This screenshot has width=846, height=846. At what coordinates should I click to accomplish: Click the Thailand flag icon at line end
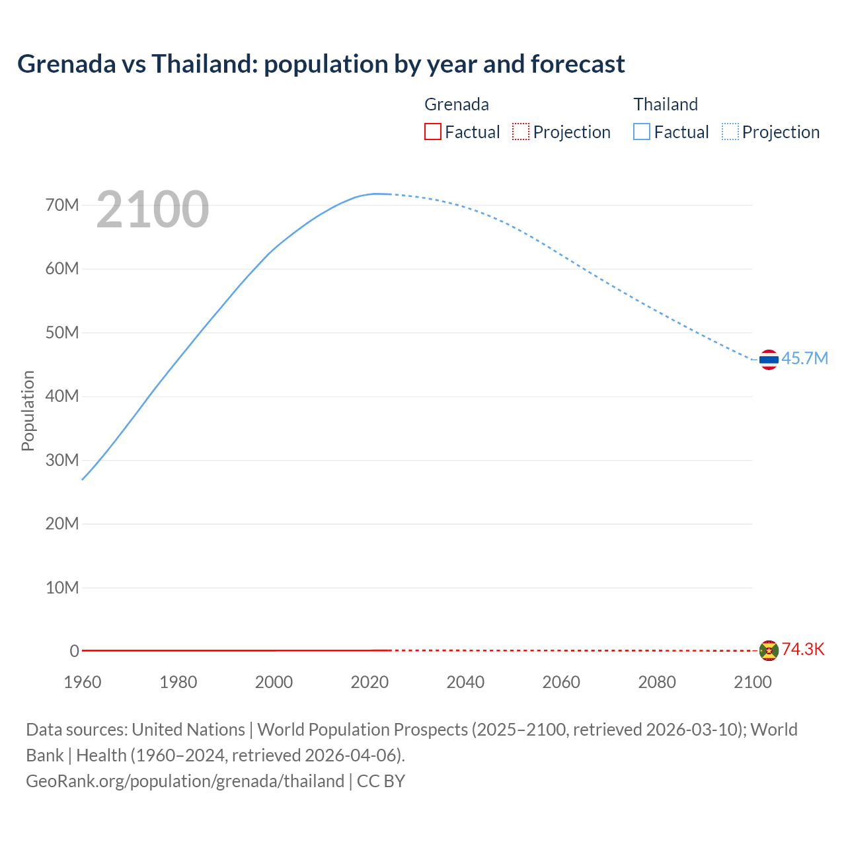point(769,360)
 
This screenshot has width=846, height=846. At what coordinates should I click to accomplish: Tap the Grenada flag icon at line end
point(769,650)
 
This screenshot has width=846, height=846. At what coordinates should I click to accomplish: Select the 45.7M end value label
point(804,359)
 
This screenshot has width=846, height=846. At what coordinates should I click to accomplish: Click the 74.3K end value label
point(803,650)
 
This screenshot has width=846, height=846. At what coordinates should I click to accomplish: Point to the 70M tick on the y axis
point(62,206)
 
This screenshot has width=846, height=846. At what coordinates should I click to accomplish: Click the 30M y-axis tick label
point(62,460)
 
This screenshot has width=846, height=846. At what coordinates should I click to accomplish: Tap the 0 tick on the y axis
point(75,651)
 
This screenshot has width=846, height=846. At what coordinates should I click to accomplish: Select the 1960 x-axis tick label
point(83,682)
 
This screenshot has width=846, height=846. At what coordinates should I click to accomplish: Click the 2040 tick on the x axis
point(465,682)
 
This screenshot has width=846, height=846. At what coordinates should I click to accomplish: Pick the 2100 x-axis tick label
point(752,682)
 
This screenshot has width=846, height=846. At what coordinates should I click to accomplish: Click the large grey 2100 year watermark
point(153,210)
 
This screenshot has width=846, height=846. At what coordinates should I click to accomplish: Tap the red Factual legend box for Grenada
point(432,132)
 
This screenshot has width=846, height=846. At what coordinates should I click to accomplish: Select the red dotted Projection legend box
point(521,132)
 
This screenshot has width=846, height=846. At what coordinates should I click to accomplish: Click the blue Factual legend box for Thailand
point(641,132)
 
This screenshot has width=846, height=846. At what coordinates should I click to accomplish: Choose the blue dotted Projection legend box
point(730,132)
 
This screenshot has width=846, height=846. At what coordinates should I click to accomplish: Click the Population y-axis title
point(28,410)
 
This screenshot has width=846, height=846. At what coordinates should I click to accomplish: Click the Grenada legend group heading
point(456,104)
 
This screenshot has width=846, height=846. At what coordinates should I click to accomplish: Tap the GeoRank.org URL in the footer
point(185,781)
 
